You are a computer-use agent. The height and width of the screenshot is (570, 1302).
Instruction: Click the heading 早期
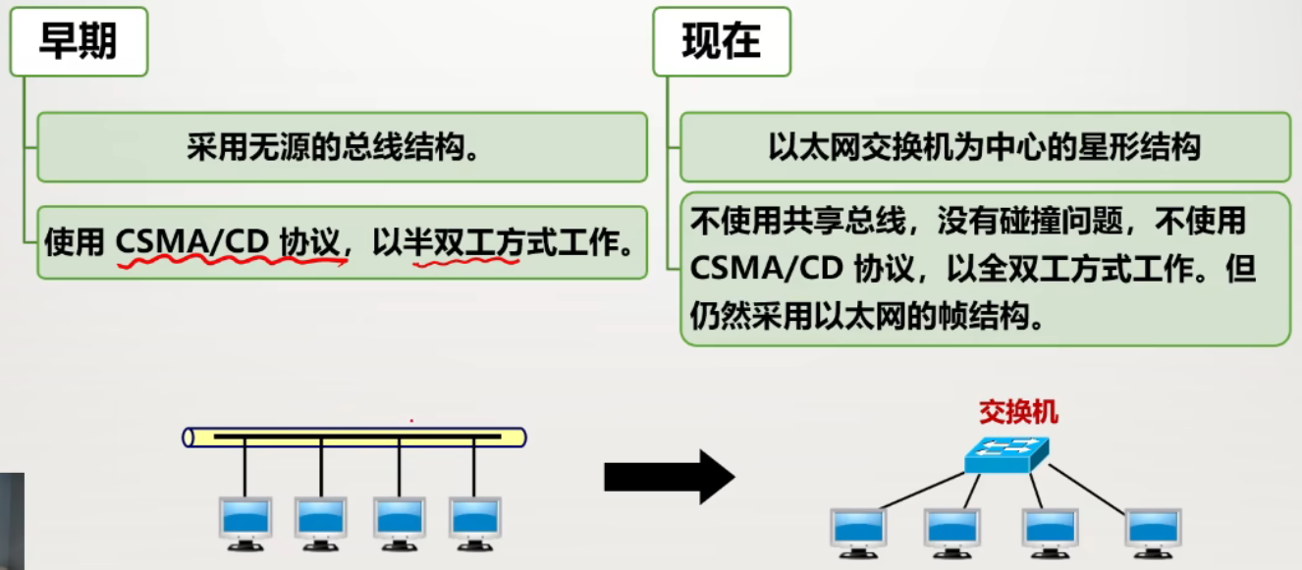coord(78,42)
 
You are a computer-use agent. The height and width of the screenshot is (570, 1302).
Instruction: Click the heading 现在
coord(721,42)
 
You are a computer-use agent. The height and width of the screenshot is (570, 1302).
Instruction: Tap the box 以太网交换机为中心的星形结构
coord(985,148)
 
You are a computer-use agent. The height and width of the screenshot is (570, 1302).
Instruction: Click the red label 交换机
coord(1018,412)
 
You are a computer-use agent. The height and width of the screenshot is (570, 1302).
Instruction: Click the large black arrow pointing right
coord(669,477)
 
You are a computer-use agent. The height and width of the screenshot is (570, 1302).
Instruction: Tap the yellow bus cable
coord(354,437)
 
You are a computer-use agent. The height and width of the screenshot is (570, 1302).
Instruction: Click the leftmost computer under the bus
coord(244,521)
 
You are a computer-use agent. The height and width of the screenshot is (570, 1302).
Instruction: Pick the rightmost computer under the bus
coord(474,521)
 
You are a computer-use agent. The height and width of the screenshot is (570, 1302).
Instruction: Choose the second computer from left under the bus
coord(321,521)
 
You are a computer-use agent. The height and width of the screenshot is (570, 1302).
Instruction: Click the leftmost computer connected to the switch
coord(857,531)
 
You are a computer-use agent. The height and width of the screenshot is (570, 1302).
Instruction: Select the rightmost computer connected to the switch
coord(1153,531)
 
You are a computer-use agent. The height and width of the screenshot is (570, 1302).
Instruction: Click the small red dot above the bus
coord(411,421)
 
